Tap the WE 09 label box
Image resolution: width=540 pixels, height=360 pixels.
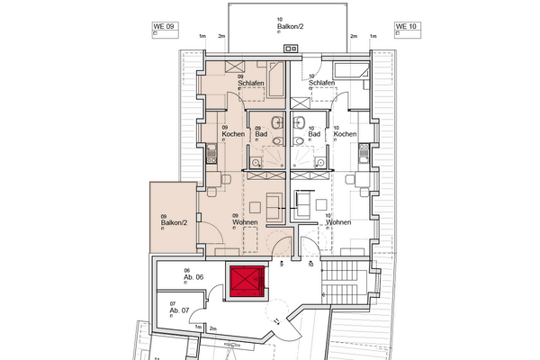[x=152, y=27]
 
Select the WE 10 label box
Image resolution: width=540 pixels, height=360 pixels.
[x=406, y=27]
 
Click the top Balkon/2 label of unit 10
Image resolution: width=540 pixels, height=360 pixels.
[x=287, y=27]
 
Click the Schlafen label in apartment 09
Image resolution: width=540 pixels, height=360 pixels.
[x=250, y=83]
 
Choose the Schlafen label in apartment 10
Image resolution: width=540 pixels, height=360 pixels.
[x=322, y=83]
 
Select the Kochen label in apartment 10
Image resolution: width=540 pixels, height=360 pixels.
[x=346, y=134]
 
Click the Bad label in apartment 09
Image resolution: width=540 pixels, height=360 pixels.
[x=261, y=134]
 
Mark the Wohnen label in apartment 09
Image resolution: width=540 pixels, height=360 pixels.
[x=245, y=222]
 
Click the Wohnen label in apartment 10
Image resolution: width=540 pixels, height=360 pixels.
[x=339, y=222]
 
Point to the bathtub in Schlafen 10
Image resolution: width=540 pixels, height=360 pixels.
[x=350, y=69]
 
